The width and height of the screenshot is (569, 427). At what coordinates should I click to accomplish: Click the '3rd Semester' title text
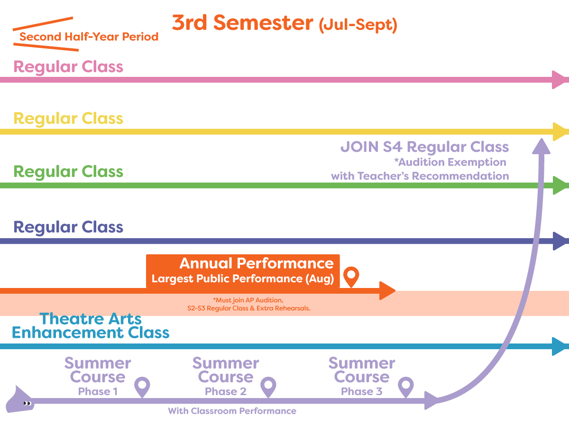click(x=243, y=23)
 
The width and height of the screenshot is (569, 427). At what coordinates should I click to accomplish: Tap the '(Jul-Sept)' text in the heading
click(x=358, y=25)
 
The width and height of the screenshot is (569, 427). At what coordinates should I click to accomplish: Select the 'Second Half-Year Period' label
click(x=89, y=37)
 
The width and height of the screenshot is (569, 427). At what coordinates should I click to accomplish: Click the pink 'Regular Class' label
click(x=68, y=67)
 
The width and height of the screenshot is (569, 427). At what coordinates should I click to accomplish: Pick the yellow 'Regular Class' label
click(x=68, y=119)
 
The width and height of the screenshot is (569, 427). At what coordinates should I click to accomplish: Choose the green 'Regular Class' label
click(x=68, y=172)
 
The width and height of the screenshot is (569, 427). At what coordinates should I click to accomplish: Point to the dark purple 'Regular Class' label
click(x=68, y=227)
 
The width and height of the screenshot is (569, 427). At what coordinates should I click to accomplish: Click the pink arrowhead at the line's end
click(x=560, y=80)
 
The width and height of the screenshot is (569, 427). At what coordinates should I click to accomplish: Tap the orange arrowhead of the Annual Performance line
click(x=387, y=291)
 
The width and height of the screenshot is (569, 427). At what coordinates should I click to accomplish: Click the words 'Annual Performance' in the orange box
click(x=257, y=263)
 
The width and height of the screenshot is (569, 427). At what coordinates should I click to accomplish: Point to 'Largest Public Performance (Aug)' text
click(x=243, y=278)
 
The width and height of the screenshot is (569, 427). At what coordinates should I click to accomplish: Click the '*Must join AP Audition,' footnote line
click(x=248, y=300)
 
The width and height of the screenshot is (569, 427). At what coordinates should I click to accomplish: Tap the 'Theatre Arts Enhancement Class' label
click(x=91, y=325)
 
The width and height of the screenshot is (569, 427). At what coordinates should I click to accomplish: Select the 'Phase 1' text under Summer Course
click(x=98, y=391)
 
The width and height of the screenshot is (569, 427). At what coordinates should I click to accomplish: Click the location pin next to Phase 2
click(x=268, y=387)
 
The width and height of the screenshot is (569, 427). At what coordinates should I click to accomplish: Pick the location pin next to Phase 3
click(x=406, y=387)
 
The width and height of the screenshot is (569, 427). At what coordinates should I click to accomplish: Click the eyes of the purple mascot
click(x=27, y=403)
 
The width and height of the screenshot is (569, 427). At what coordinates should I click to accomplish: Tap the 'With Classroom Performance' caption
click(x=232, y=411)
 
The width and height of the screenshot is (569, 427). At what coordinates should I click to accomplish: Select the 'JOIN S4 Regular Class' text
click(x=424, y=147)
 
